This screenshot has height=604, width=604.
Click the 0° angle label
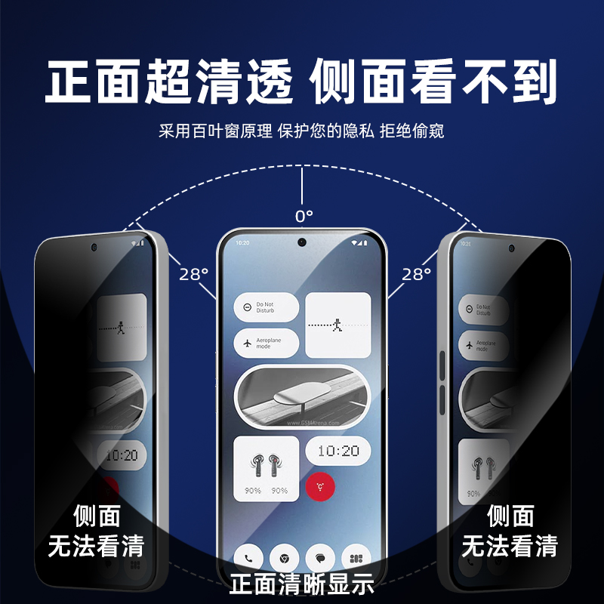point(303,217)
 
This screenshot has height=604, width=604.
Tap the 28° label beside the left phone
point(193,274)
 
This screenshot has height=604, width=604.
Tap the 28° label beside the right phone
point(415,274)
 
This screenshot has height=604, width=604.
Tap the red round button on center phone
point(320,486)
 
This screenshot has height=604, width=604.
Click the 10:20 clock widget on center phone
point(338,451)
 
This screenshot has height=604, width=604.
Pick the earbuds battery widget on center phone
point(267,470)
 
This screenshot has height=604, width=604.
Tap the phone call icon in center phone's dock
point(248,559)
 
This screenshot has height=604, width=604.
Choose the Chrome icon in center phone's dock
point(285,559)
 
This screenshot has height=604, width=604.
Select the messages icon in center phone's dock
point(320,559)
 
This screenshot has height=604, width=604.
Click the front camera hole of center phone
point(302,242)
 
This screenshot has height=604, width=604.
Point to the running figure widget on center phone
point(338,325)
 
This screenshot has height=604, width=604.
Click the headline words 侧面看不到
point(434,82)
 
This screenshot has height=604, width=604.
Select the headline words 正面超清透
point(170,82)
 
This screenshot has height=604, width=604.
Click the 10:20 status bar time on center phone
point(243,243)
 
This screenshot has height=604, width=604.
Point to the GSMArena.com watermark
point(313,424)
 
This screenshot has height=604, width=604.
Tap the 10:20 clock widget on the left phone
point(121,455)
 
